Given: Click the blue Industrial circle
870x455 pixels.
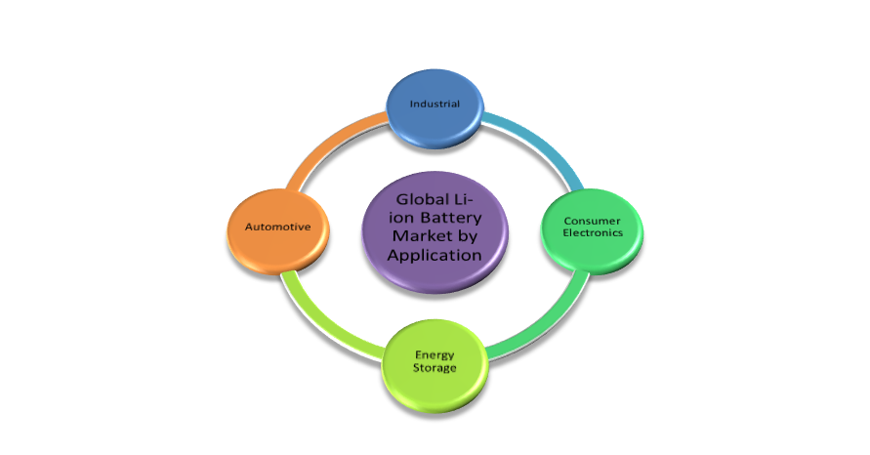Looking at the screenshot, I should (x=435, y=105).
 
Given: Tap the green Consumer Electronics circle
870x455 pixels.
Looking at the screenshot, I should (x=592, y=227).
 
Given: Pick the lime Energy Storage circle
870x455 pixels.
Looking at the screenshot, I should (x=435, y=361).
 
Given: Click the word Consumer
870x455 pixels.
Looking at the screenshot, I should (x=592, y=221).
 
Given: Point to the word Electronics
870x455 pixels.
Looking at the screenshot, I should (x=592, y=233).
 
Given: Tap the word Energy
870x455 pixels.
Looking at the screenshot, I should (x=435, y=354).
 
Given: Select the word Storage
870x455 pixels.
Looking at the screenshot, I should (x=435, y=368).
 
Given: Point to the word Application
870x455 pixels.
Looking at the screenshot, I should (x=435, y=255).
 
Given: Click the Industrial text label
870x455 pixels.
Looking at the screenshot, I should (x=435, y=103).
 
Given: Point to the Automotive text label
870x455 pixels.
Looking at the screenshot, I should (x=277, y=227).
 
